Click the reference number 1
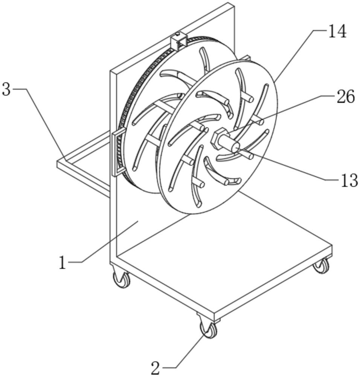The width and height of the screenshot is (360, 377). coord(63,262)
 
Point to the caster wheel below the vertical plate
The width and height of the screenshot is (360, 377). coord(122,279)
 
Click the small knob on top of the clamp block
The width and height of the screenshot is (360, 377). coord(178,34)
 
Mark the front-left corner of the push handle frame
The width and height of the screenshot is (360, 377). coord(58,162)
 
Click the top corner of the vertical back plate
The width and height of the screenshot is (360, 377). coord(234,3)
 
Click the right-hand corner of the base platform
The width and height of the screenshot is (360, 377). coord(333,246)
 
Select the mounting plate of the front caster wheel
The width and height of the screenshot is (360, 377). coord(208,317)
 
